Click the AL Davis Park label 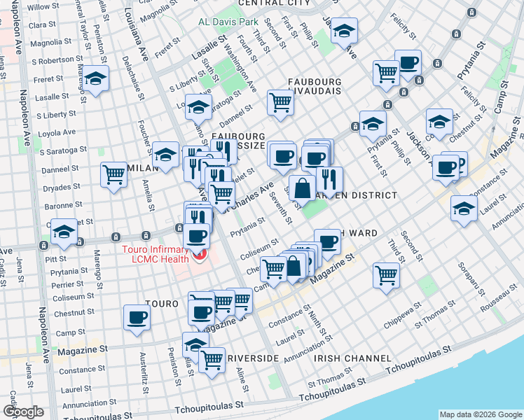click(x=228, y=22)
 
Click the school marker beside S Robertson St click(x=96, y=78)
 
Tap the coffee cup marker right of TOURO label click(x=202, y=310)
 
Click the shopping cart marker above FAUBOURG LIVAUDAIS click(x=280, y=102)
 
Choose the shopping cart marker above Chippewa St click(x=386, y=274)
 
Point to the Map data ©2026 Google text click(x=480, y=414)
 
